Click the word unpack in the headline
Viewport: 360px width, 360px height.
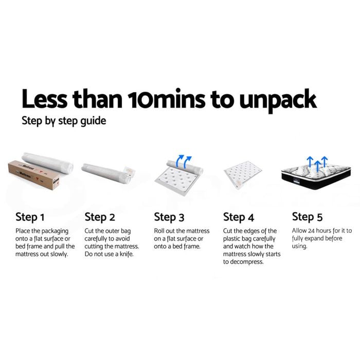278,100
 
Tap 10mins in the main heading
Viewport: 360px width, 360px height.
166,99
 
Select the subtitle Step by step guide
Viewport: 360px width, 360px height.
64,121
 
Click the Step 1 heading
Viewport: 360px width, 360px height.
30,217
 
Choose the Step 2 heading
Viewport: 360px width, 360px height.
100,217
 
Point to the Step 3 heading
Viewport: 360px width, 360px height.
169,217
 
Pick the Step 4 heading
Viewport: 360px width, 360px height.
239,217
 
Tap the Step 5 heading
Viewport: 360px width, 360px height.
307,217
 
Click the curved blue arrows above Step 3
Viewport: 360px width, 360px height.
183,161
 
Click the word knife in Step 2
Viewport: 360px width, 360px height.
127,254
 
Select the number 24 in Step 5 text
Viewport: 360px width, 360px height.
311,230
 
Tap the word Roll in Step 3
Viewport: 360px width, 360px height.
158,231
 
